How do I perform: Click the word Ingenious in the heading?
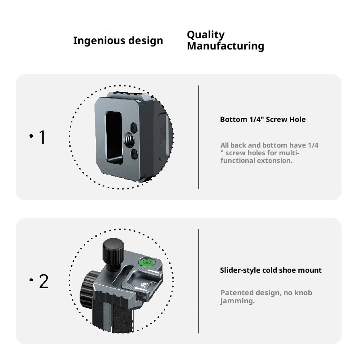93,41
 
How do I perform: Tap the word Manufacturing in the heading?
225,46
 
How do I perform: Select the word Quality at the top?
206,35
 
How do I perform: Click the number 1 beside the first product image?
42,138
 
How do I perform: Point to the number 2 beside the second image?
43,282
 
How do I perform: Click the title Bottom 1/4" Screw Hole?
263,120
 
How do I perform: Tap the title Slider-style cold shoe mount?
270,270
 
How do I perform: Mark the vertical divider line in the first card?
199,137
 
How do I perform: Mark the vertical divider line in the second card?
199,281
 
